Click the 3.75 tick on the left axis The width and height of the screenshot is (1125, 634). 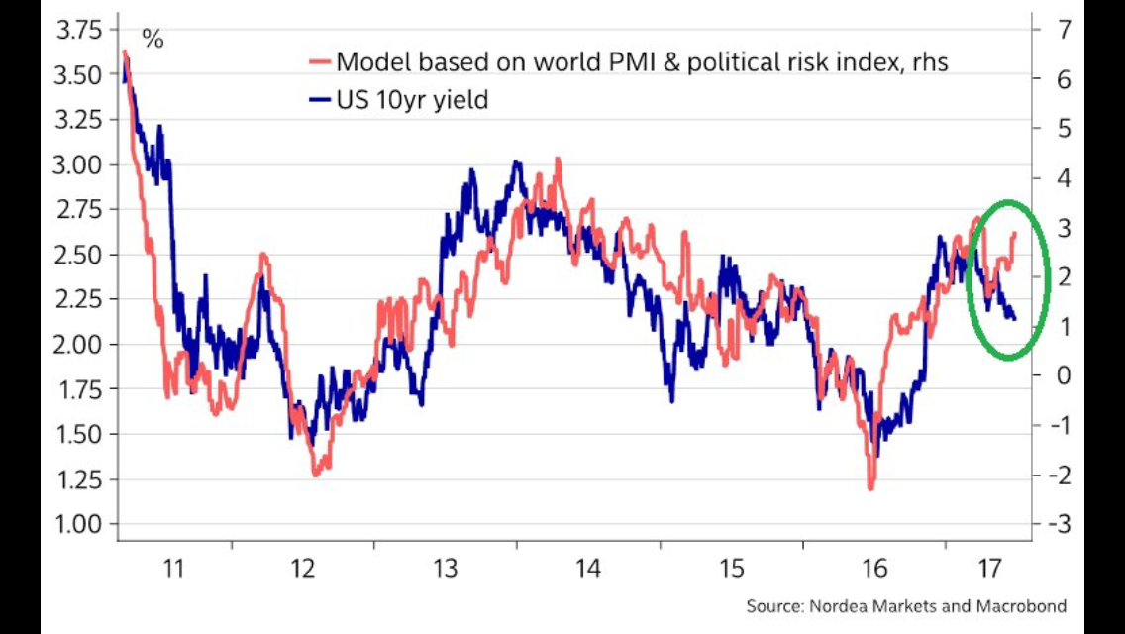point(76,30)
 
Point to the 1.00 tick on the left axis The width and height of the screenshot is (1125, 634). point(76,524)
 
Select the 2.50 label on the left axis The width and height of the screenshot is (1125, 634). point(76,255)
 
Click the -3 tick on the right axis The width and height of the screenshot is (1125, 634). point(1061,524)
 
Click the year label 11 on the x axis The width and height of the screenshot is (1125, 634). point(174,569)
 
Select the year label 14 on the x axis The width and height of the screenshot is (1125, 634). point(588,569)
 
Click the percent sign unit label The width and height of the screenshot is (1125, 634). point(153,40)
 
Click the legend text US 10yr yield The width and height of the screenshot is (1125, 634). point(412,99)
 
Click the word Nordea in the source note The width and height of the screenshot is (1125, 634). point(842,604)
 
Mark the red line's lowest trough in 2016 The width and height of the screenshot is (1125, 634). point(870,487)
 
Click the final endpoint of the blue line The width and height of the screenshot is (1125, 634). point(1013,318)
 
